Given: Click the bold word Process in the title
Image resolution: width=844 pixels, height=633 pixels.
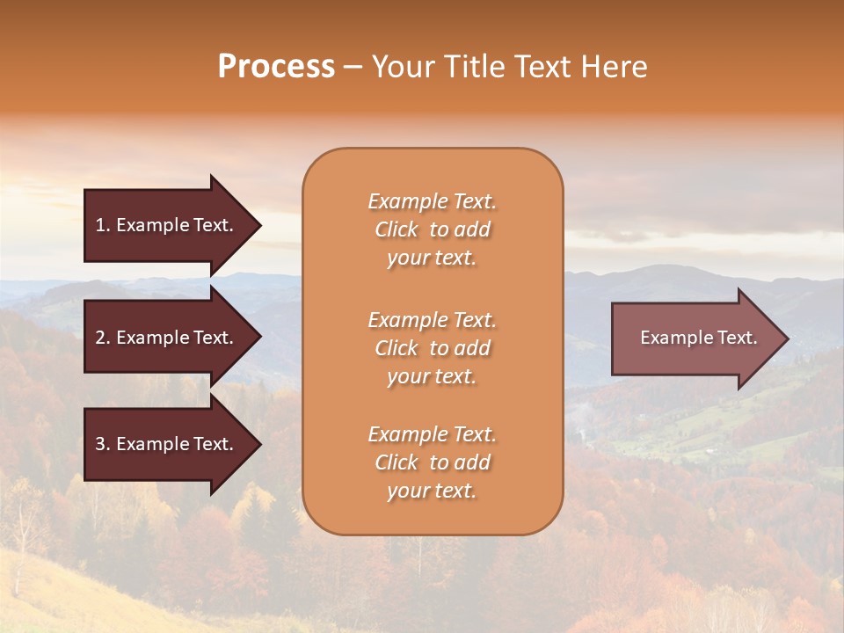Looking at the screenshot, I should coord(276,67).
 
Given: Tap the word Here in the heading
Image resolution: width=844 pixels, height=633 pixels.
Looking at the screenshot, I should coord(615,67).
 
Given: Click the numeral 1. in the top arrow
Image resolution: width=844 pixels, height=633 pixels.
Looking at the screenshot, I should coord(103,225).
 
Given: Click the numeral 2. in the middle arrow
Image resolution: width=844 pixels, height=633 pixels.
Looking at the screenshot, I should coord(103,338).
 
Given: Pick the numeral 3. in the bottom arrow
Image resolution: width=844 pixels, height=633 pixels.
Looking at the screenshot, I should coord(103,444).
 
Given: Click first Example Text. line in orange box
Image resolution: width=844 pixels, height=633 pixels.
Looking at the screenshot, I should coord(432,201).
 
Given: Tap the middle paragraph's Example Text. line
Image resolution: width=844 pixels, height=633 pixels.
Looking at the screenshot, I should coord(432,320).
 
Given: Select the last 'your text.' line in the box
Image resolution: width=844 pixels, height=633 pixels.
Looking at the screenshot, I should coord(432,491).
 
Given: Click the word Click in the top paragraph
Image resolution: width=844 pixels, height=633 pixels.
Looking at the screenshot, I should coord(396,229).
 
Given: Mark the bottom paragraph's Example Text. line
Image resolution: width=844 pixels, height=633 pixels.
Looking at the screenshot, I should coord(432,434).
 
